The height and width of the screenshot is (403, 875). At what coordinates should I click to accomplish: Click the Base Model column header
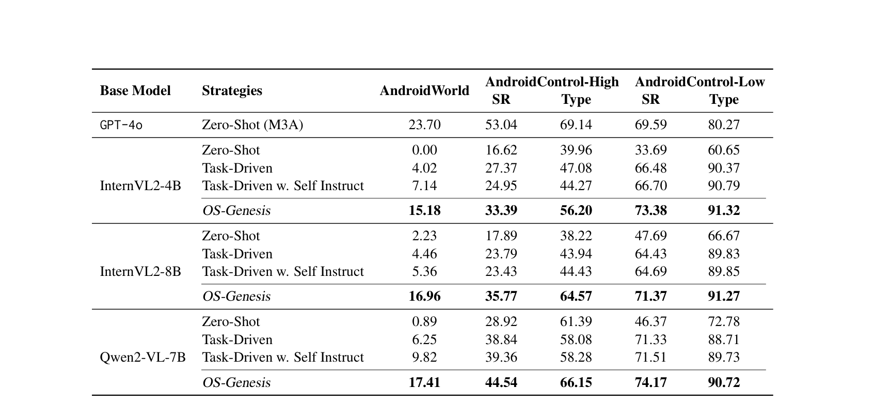pos(135,91)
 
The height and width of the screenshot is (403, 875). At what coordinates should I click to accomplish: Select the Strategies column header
pos(232,91)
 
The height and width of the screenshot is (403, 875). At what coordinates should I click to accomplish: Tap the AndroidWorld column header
pos(424,91)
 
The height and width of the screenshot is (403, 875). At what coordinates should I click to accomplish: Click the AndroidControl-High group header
pos(552,82)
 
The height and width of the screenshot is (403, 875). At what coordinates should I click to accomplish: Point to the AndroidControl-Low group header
pos(699,82)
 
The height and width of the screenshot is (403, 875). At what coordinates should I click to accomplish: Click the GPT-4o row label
pos(121,125)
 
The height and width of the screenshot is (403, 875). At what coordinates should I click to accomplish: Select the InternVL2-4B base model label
pos(140,186)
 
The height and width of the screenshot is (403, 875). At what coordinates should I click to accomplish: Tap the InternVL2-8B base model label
pos(140,272)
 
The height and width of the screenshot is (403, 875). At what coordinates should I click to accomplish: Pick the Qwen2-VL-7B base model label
pos(142,358)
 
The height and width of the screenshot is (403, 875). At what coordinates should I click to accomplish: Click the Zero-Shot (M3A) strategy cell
pos(252,125)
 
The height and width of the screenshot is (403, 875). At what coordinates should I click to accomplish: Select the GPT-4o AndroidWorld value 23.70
pos(424,125)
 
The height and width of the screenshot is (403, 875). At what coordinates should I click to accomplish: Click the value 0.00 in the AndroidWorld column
pos(424,150)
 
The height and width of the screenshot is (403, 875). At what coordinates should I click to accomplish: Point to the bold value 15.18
pos(424,211)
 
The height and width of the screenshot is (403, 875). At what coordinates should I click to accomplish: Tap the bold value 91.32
pos(724,211)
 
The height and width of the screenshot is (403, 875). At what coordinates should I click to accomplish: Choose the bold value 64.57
pos(576,297)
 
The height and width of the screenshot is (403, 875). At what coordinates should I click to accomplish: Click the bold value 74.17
pos(650,383)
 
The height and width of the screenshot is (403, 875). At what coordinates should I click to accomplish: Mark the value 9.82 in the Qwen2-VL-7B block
pos(424,358)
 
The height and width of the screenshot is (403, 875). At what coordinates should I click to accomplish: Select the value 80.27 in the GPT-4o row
pos(724,125)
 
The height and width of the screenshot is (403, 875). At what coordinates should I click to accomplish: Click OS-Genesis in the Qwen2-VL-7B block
pos(236,383)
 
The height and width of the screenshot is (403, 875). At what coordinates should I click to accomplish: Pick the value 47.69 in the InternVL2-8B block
pos(650,236)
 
